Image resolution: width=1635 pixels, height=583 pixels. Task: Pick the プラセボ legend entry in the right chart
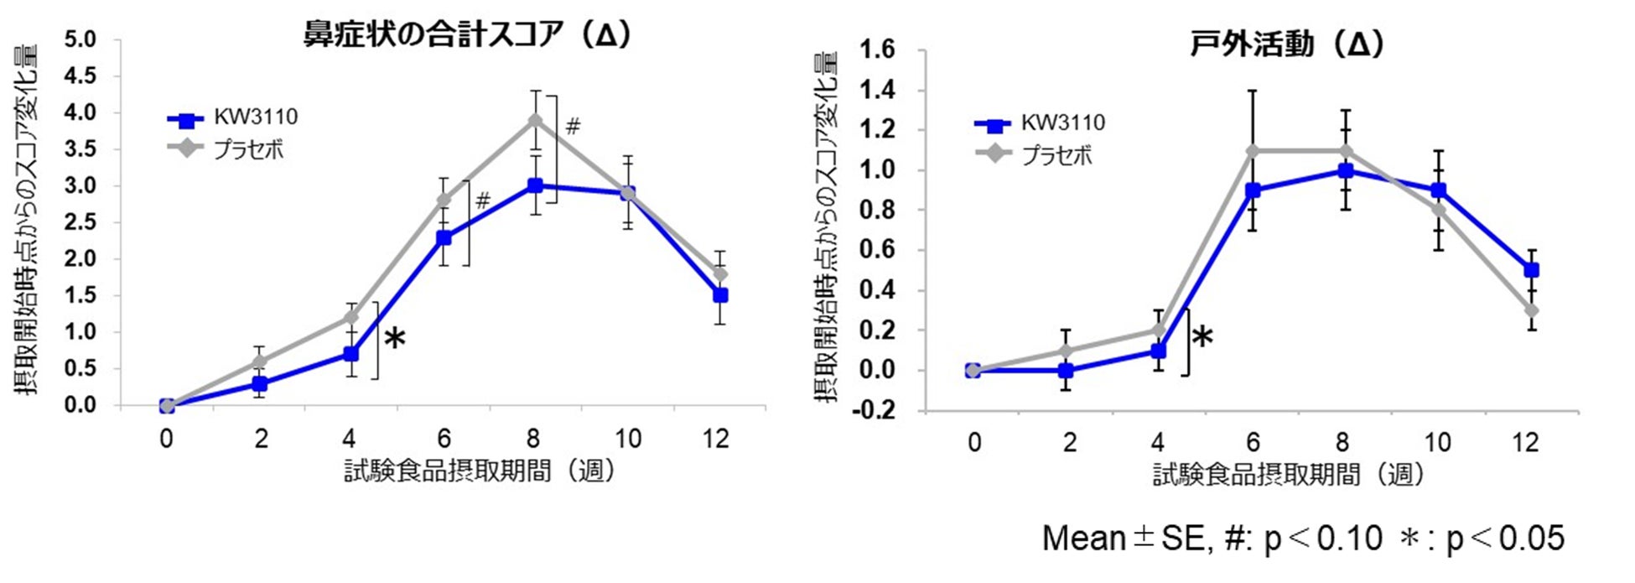coord(1056,156)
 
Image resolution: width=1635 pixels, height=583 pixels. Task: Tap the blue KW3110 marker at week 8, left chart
coord(535,185)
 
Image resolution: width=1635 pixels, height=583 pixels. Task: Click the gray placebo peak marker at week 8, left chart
coord(535,121)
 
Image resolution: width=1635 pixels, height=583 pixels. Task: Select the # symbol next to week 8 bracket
coord(573,127)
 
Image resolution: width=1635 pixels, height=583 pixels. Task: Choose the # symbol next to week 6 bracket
coord(482,201)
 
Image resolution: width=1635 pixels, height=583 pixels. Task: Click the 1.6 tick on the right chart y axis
coord(877,50)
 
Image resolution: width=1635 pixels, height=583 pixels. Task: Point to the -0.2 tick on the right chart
coord(874,411)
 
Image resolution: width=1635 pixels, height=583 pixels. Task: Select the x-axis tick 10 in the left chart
coord(627,439)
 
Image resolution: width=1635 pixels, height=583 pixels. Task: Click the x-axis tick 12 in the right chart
coord(1526,442)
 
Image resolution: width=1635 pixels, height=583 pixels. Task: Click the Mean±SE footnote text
coord(1302,538)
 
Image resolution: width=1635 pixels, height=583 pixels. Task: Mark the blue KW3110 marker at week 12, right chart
coord(1531,270)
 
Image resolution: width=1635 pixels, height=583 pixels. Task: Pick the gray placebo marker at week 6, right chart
coord(1253,151)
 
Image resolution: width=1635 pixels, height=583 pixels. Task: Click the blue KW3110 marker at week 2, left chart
coord(260,384)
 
